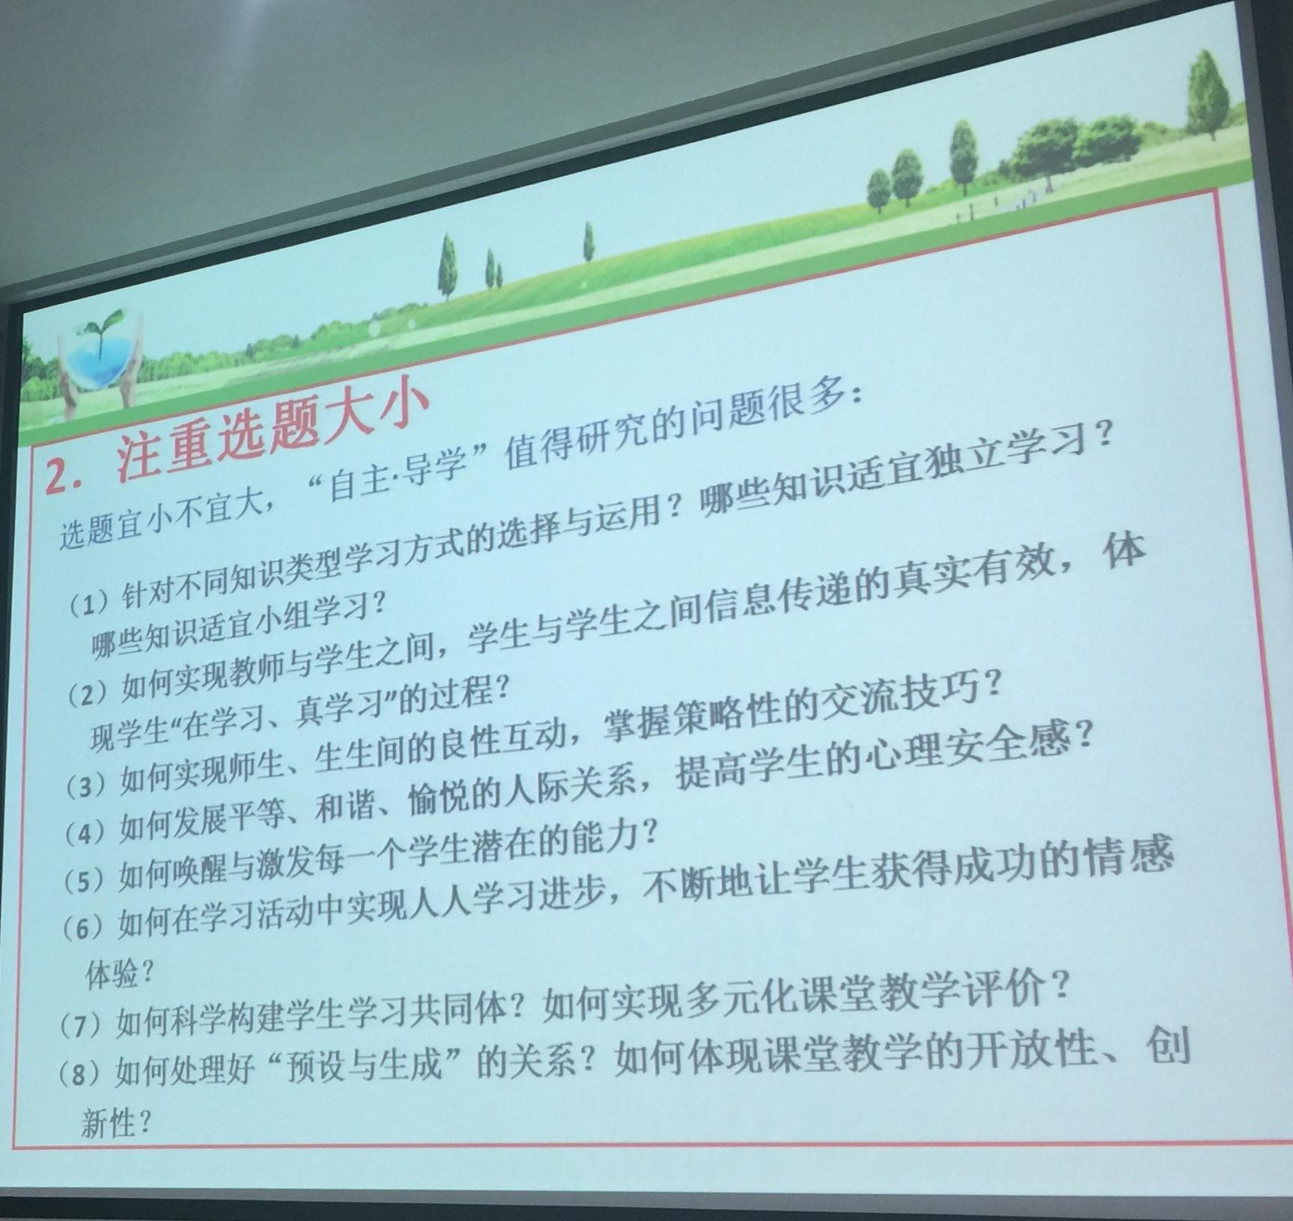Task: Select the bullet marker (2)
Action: click(x=89, y=695)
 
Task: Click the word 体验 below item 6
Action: click(x=112, y=974)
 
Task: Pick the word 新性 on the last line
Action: click(x=108, y=1123)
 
